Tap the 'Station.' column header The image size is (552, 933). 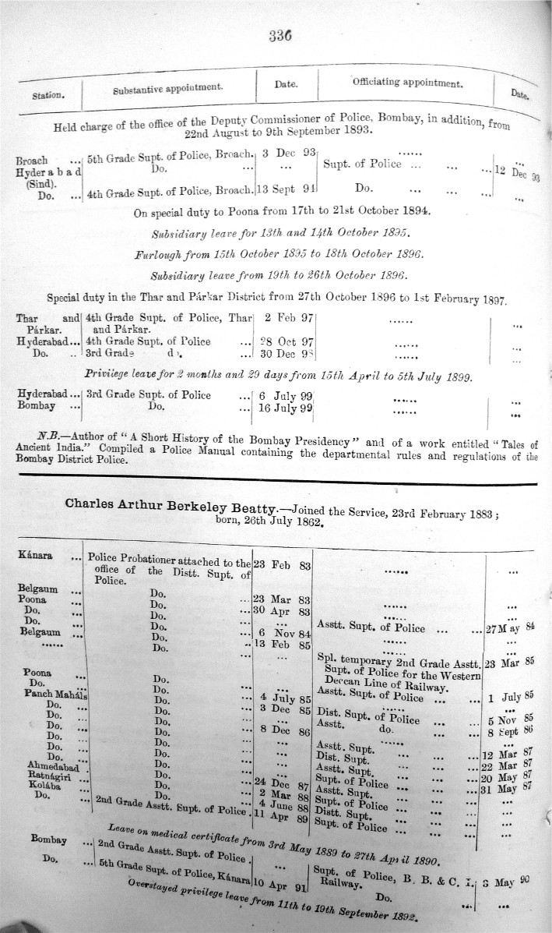point(48,97)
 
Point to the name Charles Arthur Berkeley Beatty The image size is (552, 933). point(171,504)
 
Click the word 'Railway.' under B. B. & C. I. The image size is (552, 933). point(341,885)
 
